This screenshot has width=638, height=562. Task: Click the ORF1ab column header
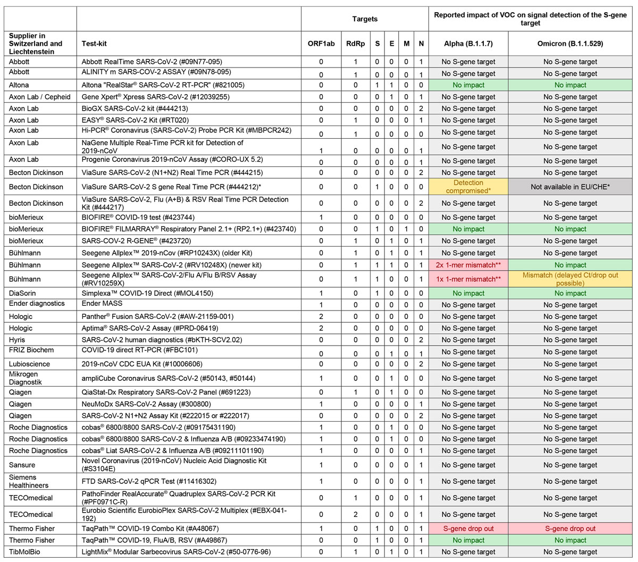(x=321, y=44)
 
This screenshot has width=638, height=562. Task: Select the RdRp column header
(x=355, y=44)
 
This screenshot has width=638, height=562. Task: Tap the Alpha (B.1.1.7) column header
(x=468, y=44)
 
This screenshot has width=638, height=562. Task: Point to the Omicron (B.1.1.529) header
(x=570, y=44)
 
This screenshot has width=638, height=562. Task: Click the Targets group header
(x=365, y=19)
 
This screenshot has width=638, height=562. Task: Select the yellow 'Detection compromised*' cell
(x=468, y=187)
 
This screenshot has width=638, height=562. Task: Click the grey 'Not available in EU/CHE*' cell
(x=570, y=187)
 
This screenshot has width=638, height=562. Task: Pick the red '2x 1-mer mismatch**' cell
(x=468, y=265)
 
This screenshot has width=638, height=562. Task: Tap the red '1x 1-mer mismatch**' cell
(x=468, y=279)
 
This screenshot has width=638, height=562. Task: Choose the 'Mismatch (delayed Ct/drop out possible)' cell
(x=570, y=279)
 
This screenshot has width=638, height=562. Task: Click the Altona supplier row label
(x=19, y=85)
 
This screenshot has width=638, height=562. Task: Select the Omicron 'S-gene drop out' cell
(x=570, y=529)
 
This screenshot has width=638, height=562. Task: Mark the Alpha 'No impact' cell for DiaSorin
(x=468, y=293)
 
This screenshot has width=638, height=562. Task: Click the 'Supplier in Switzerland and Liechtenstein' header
(x=36, y=44)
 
